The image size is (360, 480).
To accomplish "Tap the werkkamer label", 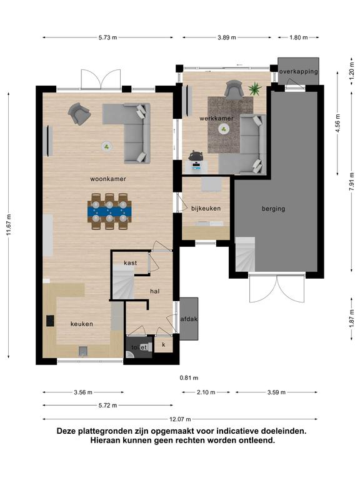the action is pyautogui.click(x=216, y=118).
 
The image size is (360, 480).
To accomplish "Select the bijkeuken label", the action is pyautogui.click(x=206, y=209).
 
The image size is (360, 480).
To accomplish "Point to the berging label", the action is pyautogui.click(x=273, y=209).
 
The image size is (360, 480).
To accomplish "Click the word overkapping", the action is pyautogui.click(x=299, y=72).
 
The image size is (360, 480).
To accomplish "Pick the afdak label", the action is pyautogui.click(x=189, y=319).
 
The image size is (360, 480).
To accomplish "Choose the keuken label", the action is pyautogui.click(x=82, y=324).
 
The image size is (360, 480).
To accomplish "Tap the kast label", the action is pyautogui.click(x=131, y=263).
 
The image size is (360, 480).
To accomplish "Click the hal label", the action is pyautogui.click(x=155, y=291).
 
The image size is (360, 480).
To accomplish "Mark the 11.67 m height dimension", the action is pyautogui.click(x=9, y=225).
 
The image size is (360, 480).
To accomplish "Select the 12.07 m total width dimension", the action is pyautogui.click(x=180, y=419).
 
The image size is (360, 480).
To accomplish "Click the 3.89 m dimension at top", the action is pyautogui.click(x=227, y=37).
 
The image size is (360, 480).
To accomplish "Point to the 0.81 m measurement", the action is pyautogui.click(x=189, y=378).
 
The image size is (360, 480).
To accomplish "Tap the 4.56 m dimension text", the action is pyautogui.click(x=338, y=123).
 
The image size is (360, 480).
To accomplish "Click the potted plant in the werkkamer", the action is pyautogui.click(x=255, y=89).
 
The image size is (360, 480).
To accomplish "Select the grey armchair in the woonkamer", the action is pyautogui.click(x=79, y=114).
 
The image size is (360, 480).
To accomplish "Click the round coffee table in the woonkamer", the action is pyautogui.click(x=107, y=147).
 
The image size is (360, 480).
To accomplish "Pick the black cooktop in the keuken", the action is pyautogui.click(x=51, y=321).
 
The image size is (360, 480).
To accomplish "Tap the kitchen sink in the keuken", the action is pyautogui.click(x=83, y=351).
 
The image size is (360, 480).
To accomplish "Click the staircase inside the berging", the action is pyautogui.click(x=245, y=254).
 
